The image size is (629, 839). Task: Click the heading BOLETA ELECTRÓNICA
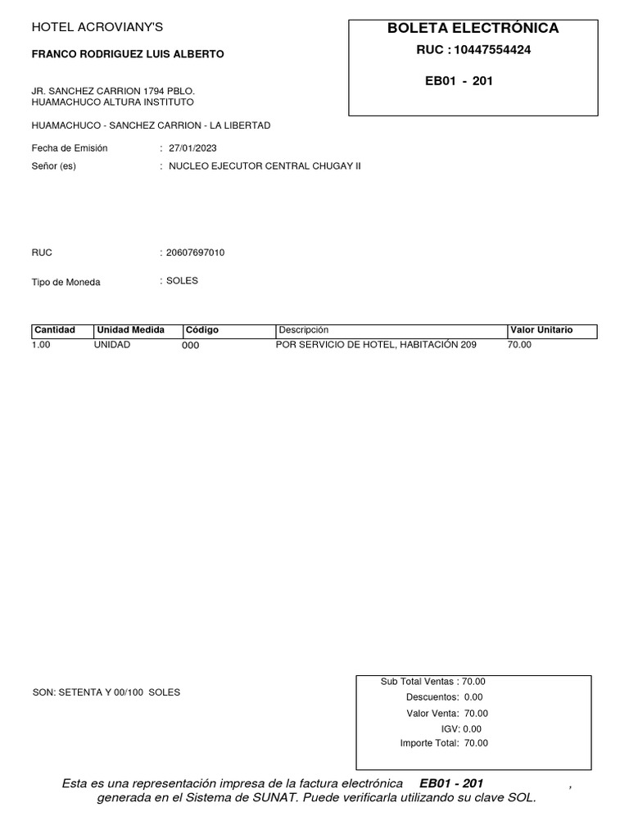coord(473,28)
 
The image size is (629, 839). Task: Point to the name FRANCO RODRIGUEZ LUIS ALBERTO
coord(127,54)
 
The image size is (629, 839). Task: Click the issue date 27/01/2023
coord(192,148)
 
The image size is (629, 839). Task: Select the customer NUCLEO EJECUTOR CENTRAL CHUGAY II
coord(264,166)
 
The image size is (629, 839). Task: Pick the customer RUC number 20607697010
coord(195,252)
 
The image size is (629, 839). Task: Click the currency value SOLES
coord(182,281)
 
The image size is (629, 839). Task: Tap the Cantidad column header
coord(54,330)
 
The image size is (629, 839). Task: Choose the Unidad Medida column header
coord(131,330)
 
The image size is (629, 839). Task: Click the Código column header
coord(202,330)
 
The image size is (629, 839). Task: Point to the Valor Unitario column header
coord(541,330)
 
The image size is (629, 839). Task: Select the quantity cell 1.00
coord(42,345)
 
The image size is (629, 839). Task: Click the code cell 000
coord(190,346)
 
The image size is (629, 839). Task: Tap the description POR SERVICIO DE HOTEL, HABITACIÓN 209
coord(376,345)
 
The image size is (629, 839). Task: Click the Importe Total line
coord(443,743)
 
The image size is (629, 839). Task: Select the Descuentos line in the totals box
coord(445,697)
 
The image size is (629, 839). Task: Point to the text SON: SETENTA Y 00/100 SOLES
coord(106,692)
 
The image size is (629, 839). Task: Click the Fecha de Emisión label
coord(70,148)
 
